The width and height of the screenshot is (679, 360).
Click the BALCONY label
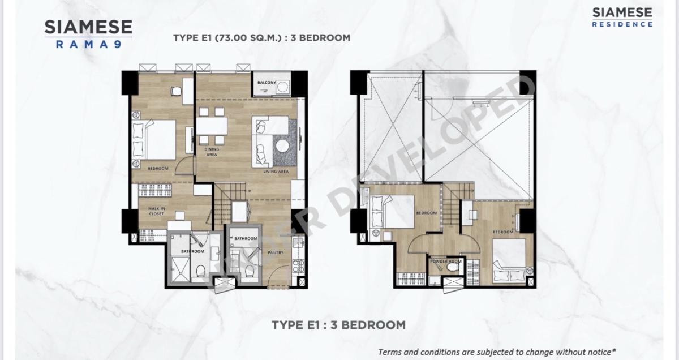[267, 83]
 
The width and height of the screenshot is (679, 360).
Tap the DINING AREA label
[212, 152]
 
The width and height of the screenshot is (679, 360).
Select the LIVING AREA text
[276, 171]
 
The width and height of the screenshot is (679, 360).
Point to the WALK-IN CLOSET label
[156, 211]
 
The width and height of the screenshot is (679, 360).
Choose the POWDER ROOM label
[446, 262]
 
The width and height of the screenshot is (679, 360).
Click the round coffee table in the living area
[282, 145]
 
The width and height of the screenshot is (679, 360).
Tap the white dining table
[212, 125]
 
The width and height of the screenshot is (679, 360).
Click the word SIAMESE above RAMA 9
[88, 27]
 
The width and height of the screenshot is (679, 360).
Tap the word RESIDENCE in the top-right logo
[622, 24]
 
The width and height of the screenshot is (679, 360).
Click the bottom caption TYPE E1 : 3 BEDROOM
[338, 325]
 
